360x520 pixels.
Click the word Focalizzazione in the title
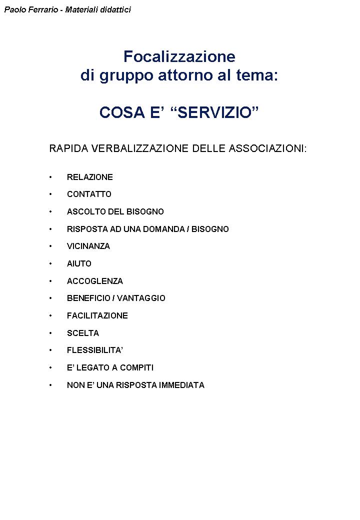click(x=179, y=56)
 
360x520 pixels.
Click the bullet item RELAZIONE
click(x=90, y=177)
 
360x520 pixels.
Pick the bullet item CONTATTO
click(x=89, y=194)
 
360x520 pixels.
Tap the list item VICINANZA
click(x=88, y=246)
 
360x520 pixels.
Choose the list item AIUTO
click(x=79, y=263)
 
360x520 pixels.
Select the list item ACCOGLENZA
click(x=95, y=281)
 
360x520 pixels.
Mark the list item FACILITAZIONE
click(x=97, y=315)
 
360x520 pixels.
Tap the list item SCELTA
click(x=83, y=333)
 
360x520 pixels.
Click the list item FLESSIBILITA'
click(x=95, y=350)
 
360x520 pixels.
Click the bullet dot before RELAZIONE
click(x=50, y=177)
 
